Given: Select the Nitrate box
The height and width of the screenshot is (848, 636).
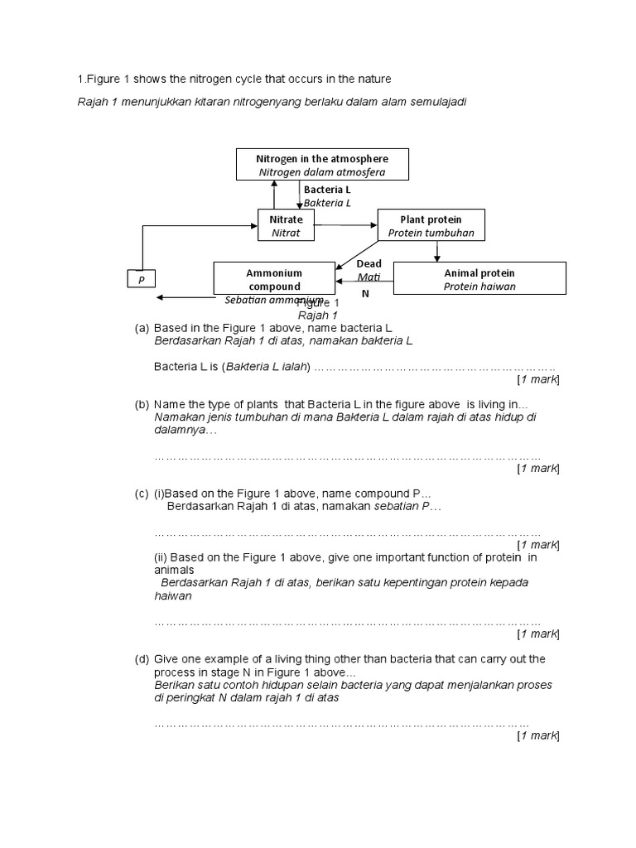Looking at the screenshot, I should coord(287,225).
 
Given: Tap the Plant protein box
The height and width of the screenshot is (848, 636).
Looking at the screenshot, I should coord(431,225).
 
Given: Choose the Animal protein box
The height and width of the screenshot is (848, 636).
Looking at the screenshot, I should coord(479,278).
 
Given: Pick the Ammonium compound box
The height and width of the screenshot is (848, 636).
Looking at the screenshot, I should coord(273,278).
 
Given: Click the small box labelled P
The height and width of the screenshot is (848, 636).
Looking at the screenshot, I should coord(142,281).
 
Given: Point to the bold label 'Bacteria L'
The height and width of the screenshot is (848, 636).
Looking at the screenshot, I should coord(327,190).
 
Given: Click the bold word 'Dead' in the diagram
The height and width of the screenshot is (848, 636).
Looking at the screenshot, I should coord(369,263).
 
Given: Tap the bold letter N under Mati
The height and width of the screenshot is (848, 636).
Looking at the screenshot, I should coord(365,293).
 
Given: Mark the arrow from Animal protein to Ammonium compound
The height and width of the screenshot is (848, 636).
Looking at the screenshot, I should coord(364,282).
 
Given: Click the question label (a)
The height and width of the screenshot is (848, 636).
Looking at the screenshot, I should coord(142,328).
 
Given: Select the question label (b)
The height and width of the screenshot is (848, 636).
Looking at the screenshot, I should coord(142,404).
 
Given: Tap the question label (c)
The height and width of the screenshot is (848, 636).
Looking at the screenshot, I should coord(142,494).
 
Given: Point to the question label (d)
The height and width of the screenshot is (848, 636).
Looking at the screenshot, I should coord(142,659).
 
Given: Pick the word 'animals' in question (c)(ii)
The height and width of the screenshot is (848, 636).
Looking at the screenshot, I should coord(174,570).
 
